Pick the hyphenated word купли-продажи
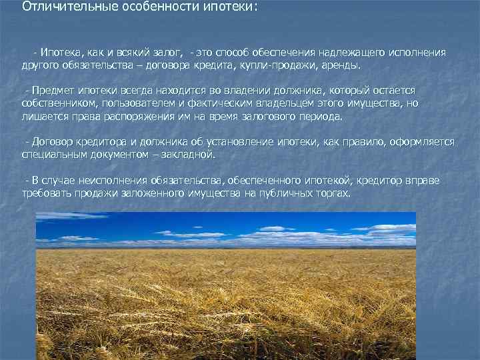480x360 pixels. point(273,66)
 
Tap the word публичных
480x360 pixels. point(289,193)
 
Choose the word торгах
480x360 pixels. point(333,193)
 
